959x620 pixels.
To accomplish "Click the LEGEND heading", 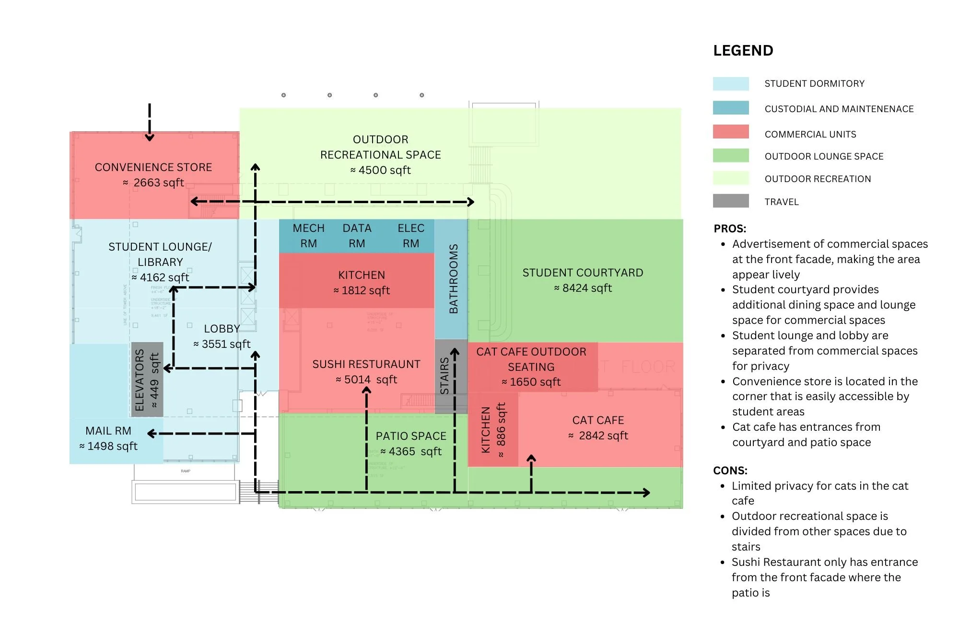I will [x=743, y=51].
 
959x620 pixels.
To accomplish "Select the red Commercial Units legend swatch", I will [x=730, y=132].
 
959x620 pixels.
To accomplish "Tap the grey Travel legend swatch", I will [x=730, y=201].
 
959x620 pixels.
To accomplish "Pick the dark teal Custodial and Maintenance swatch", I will [x=730, y=108].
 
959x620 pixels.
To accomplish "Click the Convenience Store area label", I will [x=153, y=167].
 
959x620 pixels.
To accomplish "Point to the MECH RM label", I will [x=308, y=236].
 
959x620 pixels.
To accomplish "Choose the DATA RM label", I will [x=357, y=236].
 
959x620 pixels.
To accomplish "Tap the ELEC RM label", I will [x=411, y=236].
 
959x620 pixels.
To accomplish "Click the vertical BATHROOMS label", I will [x=453, y=279].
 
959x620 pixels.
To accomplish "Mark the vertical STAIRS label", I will [x=444, y=376].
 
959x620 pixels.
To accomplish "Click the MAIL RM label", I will [x=108, y=431].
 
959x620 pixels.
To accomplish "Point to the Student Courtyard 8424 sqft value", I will [x=583, y=288].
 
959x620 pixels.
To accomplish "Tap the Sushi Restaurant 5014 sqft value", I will [x=366, y=379].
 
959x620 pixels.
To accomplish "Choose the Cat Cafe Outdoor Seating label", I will [x=531, y=359].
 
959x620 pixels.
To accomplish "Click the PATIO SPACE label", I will [x=411, y=436].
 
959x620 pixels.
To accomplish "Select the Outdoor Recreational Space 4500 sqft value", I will [x=381, y=170].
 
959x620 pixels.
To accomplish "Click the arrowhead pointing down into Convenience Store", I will [x=150, y=138].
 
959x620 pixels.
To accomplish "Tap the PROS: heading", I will [x=730, y=229].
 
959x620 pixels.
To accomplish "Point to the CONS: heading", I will [x=730, y=471].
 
